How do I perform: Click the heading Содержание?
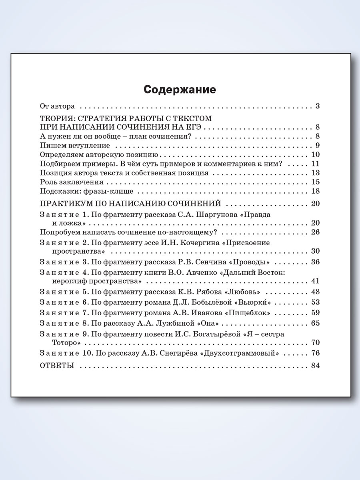point(180,90)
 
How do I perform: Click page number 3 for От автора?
point(317,106)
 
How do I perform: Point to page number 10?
point(315,155)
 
